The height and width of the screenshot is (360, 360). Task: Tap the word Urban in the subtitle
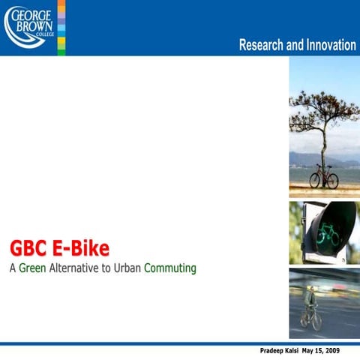pyautogui.click(x=127, y=268)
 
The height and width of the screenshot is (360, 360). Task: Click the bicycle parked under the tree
pyautogui.click(x=324, y=177)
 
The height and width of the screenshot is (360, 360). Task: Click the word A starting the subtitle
pyautogui.click(x=12, y=268)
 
